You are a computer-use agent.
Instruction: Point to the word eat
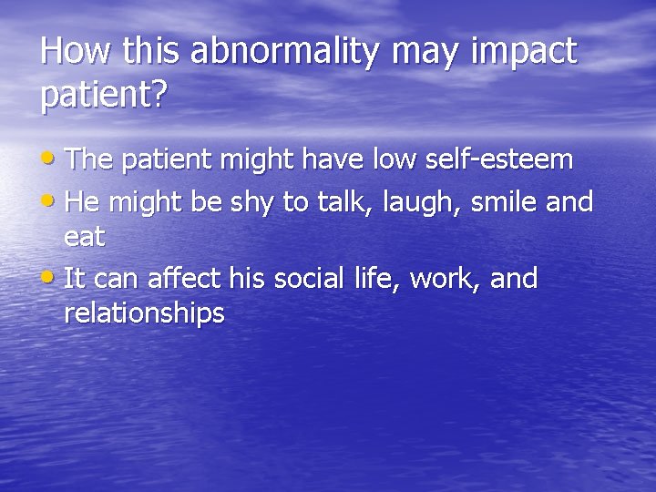[x=84, y=238]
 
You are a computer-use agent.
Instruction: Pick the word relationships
[x=144, y=314]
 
